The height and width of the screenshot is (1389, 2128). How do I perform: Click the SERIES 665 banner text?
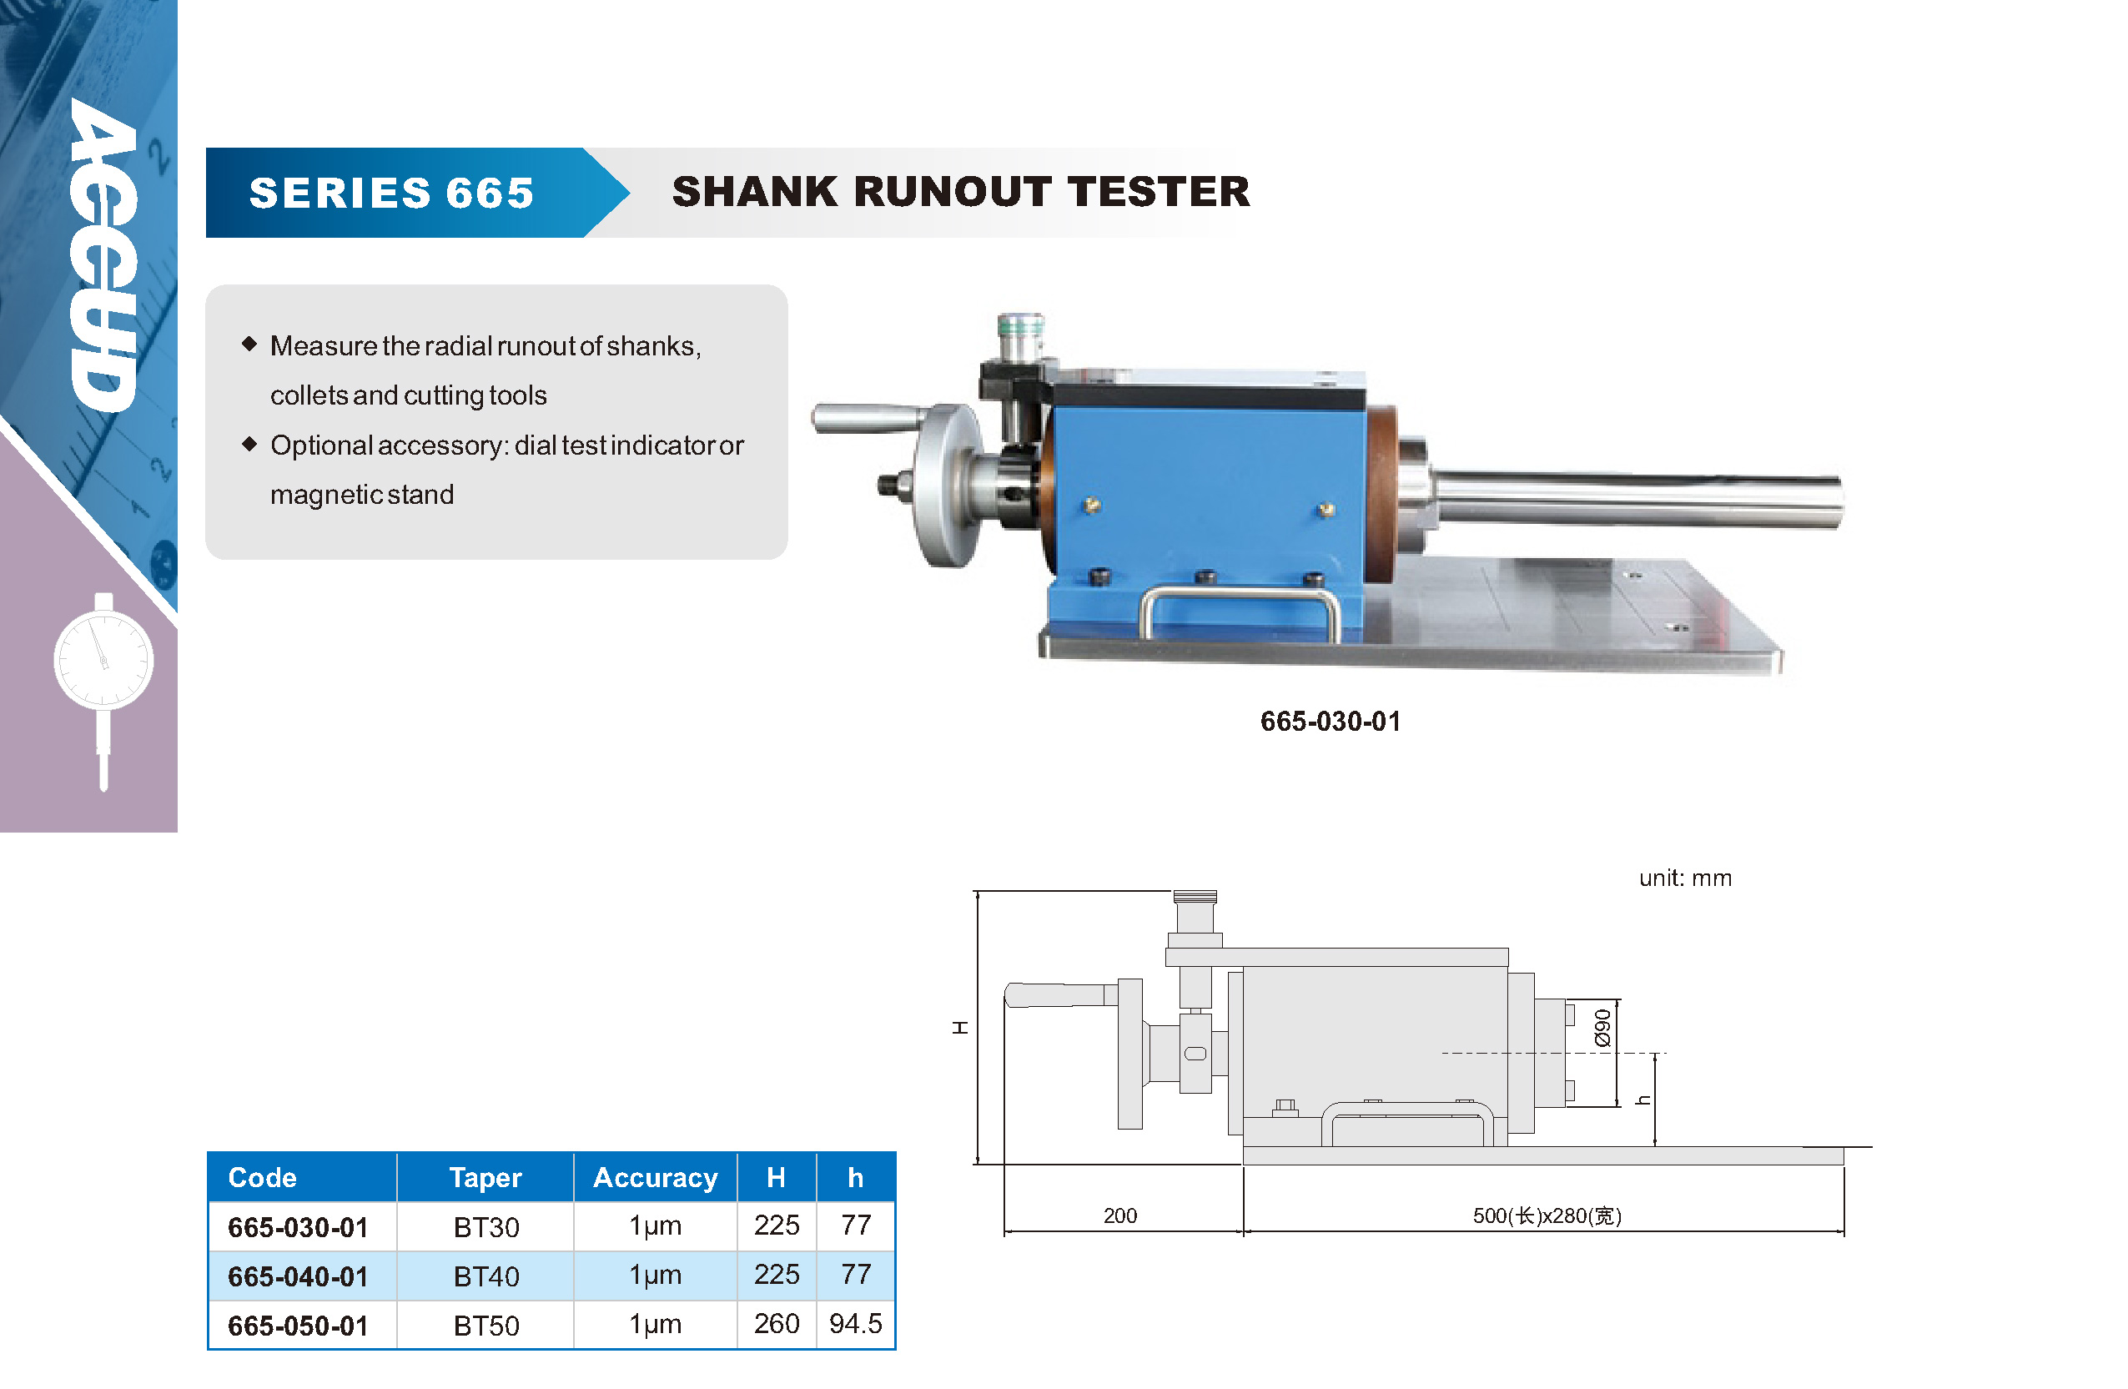(391, 194)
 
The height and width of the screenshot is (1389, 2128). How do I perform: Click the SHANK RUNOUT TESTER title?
(961, 191)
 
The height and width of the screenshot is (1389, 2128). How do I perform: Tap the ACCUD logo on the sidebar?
(104, 255)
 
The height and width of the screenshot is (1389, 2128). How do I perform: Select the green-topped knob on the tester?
(1020, 335)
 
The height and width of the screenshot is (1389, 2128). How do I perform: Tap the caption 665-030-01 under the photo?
(1330, 721)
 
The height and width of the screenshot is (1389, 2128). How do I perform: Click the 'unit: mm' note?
(1685, 878)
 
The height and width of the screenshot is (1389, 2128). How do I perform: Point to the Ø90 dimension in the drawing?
(1602, 1028)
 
